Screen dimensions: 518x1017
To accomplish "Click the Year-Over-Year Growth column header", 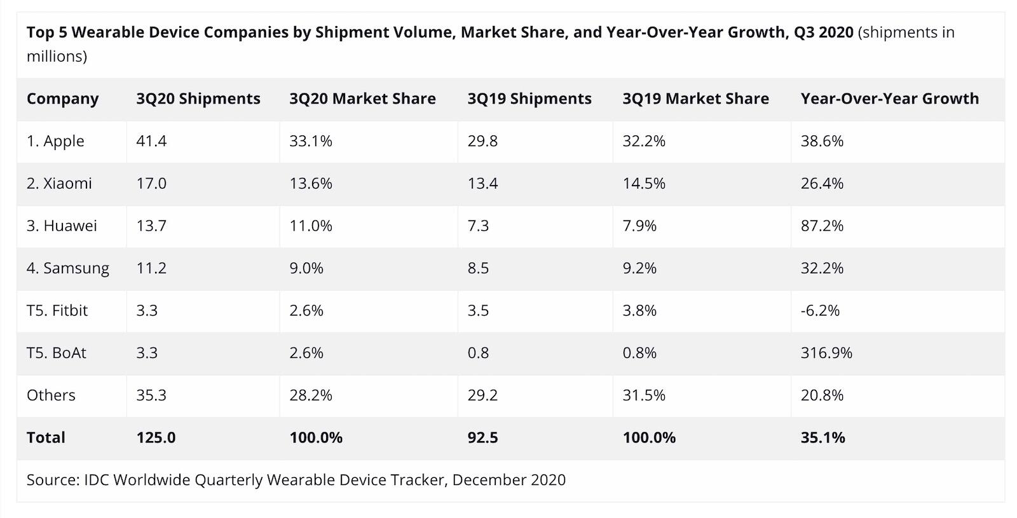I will point(889,99).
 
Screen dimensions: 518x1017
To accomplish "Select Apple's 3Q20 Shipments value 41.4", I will point(151,141).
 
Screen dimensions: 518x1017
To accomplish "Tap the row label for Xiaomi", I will point(59,184).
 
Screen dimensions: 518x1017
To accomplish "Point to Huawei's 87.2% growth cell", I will point(822,226).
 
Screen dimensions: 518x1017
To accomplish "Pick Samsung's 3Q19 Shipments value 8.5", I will point(478,268).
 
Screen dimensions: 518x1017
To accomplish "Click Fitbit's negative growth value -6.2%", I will point(820,310).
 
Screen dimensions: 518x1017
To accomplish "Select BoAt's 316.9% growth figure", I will point(826,353).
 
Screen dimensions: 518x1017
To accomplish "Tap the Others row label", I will point(51,395).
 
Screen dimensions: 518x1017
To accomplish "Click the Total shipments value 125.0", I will point(156,437).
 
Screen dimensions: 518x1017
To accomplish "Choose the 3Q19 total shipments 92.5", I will point(482,437).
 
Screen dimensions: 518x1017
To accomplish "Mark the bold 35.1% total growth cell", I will point(822,437).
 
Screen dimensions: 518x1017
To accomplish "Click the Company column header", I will point(62,99).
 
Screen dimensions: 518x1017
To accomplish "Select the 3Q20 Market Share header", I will point(362,99).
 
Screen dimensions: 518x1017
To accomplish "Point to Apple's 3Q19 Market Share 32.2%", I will point(644,141).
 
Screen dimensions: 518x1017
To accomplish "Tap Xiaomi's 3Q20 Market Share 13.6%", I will point(311,184).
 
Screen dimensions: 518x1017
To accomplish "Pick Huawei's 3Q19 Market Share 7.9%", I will point(639,226).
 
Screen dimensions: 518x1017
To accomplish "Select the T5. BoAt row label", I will point(56,353).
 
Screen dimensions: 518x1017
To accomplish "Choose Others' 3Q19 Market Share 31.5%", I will point(644,395).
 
